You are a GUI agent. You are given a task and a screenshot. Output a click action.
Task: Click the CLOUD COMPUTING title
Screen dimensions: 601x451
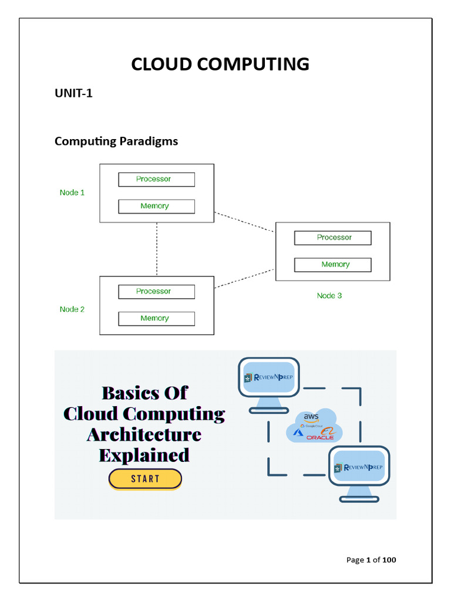click(x=220, y=64)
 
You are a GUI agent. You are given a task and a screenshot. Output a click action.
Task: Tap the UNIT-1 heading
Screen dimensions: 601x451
click(x=73, y=94)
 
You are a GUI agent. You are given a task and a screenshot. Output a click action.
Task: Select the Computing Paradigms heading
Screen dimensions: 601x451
click(x=116, y=141)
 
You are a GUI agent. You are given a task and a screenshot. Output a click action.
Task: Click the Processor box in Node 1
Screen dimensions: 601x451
click(x=156, y=180)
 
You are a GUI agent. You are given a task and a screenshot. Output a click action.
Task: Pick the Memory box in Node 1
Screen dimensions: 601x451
click(x=156, y=207)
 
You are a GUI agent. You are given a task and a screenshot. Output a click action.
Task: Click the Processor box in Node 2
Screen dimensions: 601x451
click(x=156, y=292)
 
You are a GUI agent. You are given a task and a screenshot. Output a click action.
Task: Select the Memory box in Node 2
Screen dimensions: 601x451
click(x=156, y=319)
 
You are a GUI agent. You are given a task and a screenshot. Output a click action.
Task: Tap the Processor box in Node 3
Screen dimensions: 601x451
click(x=333, y=238)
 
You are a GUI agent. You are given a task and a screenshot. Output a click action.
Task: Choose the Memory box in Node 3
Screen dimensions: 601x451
click(x=333, y=265)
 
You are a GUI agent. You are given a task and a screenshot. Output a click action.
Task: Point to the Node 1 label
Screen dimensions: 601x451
click(x=72, y=193)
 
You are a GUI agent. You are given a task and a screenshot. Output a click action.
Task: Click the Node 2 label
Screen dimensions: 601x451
click(x=72, y=309)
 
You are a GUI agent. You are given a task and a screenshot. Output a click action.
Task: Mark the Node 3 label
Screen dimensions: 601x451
click(x=329, y=296)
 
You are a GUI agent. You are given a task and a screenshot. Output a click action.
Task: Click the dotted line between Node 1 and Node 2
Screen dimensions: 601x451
click(x=157, y=249)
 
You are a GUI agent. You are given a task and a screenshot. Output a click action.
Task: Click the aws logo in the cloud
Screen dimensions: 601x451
click(x=311, y=417)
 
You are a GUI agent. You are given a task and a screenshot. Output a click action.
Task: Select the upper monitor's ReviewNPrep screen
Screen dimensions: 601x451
click(x=270, y=377)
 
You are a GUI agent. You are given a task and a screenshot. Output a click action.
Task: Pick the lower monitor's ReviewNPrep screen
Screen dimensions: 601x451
click(x=358, y=467)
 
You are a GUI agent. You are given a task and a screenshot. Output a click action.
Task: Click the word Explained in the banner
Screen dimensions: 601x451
click(x=144, y=455)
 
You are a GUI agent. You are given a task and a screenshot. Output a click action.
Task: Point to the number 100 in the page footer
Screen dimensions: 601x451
click(x=389, y=560)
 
